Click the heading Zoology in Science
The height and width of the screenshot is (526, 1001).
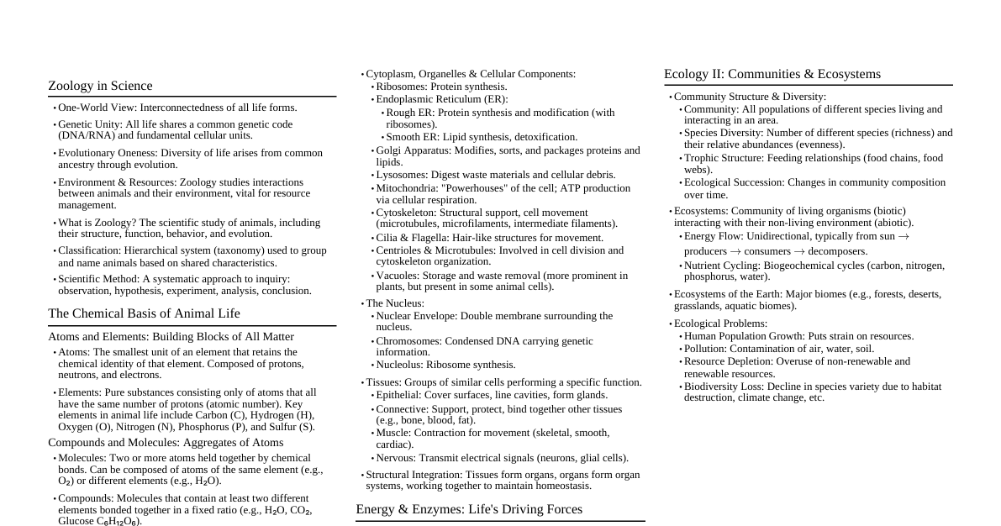coord(100,86)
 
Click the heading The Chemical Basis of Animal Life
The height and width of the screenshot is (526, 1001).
coord(144,313)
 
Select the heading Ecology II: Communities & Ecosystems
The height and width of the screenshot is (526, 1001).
coord(772,74)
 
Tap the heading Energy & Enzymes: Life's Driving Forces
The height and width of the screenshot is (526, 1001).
coord(468,509)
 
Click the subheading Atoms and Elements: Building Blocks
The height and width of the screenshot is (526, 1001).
coord(171,337)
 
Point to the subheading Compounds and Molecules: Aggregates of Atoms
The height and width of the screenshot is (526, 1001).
coord(166,443)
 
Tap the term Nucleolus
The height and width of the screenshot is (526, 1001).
coord(398,365)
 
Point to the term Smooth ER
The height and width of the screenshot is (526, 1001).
coord(411,137)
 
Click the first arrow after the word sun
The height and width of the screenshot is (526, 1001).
coord(904,237)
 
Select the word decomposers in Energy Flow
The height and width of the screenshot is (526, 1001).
coord(837,251)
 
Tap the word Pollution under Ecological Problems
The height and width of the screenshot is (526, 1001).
coord(704,349)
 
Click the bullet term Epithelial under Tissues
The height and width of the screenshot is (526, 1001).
coord(398,395)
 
